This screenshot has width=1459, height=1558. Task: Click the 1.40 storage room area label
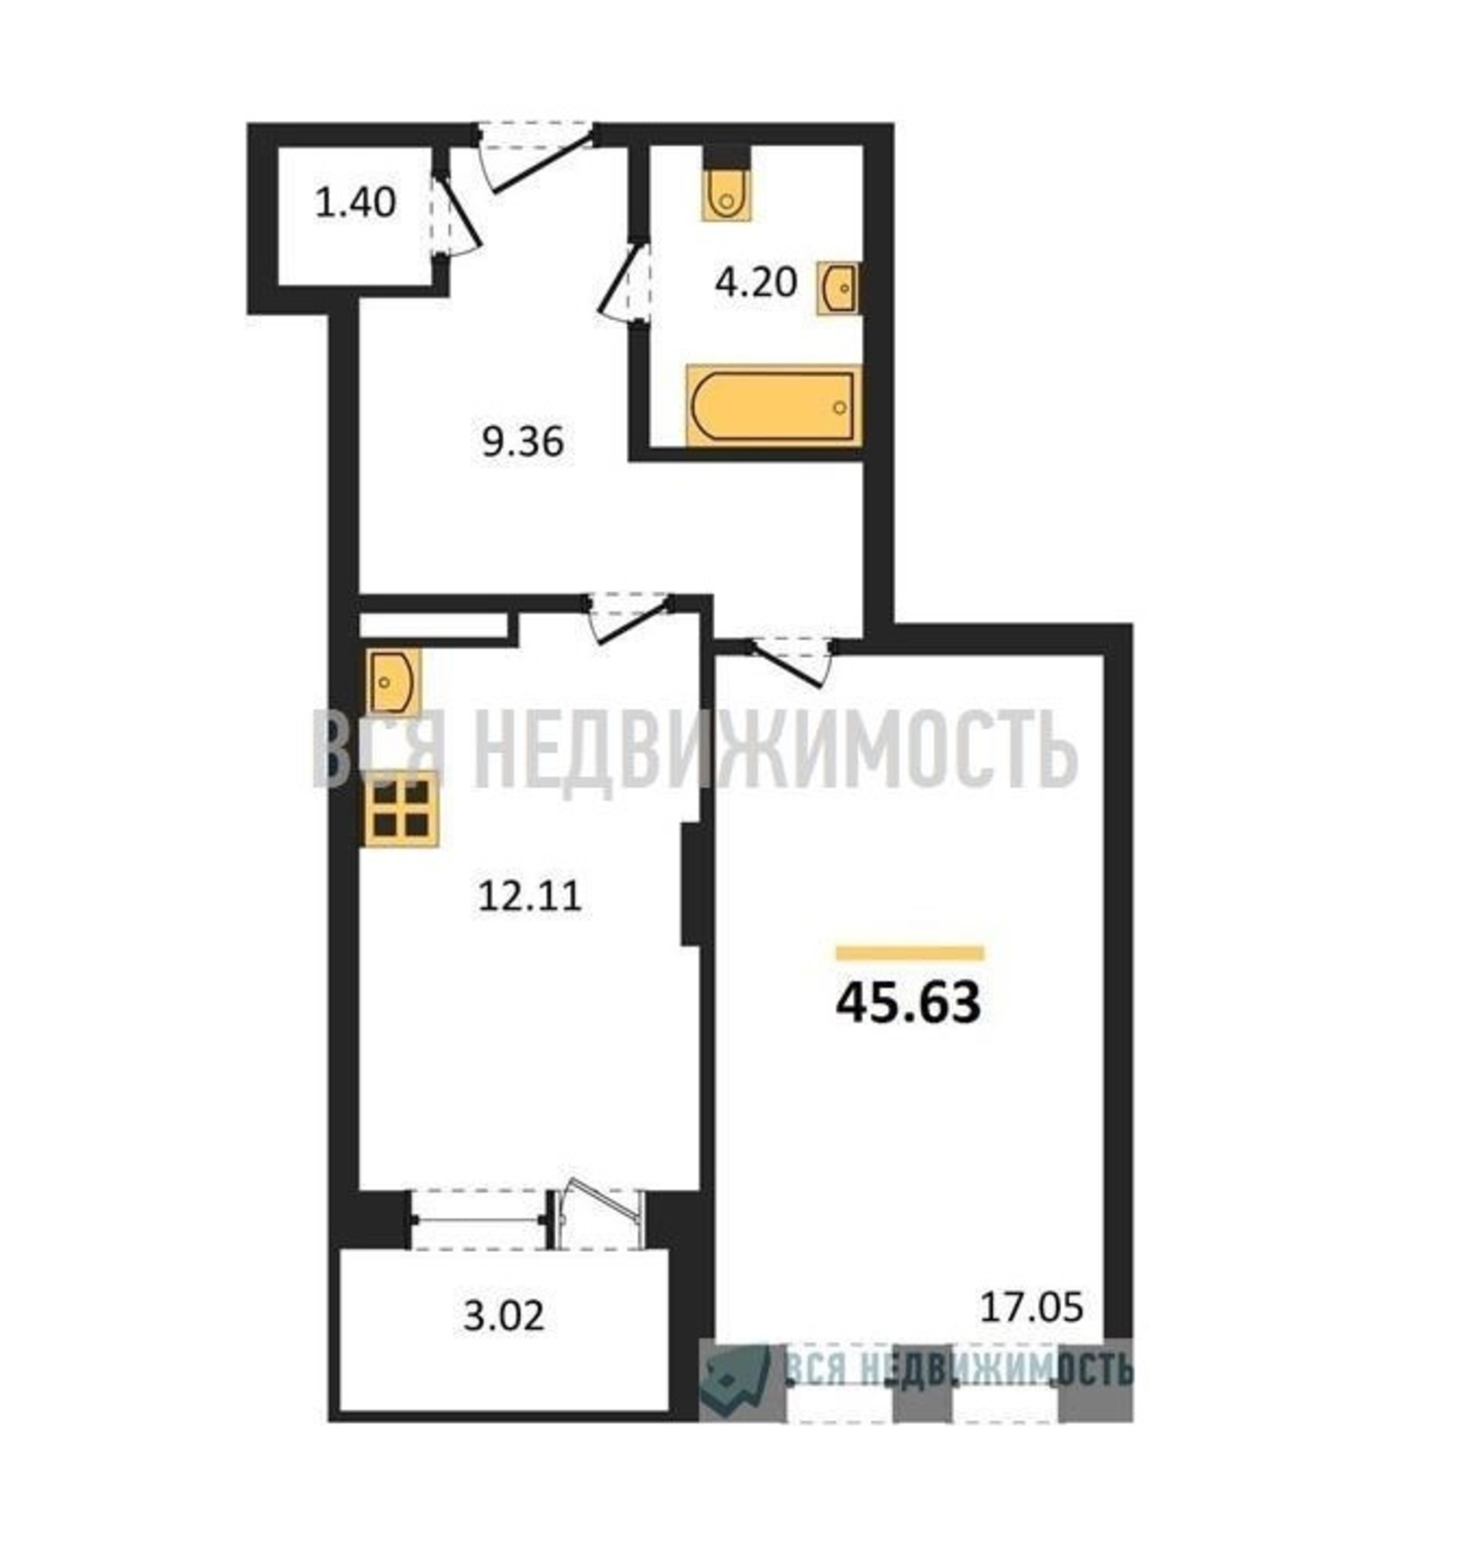point(355,204)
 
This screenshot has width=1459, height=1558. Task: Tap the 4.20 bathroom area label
point(755,282)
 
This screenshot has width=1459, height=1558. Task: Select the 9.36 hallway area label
point(522,442)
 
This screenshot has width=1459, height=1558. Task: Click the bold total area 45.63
point(908,1003)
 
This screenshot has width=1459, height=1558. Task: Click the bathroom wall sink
point(837,288)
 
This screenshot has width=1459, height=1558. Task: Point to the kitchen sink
point(392,679)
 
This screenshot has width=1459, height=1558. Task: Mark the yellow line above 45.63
point(910,953)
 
